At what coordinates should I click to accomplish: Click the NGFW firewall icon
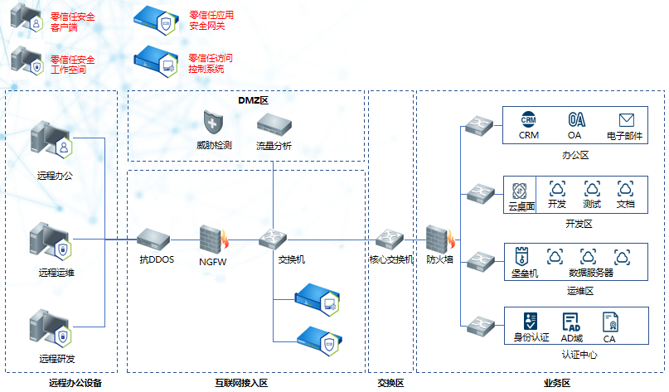coord(214,238)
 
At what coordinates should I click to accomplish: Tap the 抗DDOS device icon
coord(154,240)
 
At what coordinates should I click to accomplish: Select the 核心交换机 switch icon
coord(389,240)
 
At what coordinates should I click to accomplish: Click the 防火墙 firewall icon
coord(439,239)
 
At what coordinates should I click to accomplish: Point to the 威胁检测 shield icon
coord(213,125)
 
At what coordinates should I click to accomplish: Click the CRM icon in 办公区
coord(529,120)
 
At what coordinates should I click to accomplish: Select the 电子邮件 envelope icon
coord(626,121)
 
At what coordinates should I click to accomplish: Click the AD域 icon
coord(571,322)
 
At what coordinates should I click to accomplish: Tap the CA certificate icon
coord(610,322)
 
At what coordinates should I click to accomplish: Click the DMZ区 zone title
coord(248,100)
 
